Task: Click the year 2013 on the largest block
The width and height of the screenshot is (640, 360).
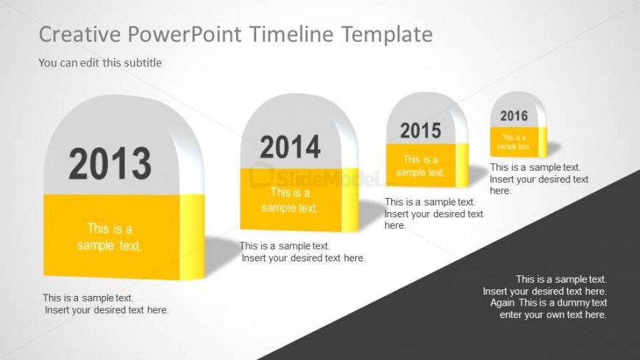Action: click(110, 163)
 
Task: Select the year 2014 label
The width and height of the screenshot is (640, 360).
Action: click(290, 147)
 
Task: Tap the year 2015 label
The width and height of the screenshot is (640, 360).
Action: click(420, 131)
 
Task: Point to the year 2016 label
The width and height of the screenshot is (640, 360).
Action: click(514, 116)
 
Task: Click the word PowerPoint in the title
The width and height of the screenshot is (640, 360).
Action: click(185, 34)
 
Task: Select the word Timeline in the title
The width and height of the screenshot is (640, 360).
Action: click(291, 34)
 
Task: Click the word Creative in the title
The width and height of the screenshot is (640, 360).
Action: click(79, 34)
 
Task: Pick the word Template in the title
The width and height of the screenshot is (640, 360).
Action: click(387, 35)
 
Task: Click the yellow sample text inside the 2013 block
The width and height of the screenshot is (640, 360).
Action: click(110, 237)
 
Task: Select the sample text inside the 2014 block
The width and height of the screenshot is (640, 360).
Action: click(289, 200)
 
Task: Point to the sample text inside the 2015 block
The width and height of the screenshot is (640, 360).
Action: click(420, 166)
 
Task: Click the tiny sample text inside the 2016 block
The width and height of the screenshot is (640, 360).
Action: click(513, 142)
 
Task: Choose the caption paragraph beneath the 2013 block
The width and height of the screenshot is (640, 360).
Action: click(106, 304)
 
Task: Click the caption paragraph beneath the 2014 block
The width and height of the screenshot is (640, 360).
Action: click(302, 252)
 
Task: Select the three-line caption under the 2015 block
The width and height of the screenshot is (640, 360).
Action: click(434, 213)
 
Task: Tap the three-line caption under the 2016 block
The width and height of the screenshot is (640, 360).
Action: click(539, 179)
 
